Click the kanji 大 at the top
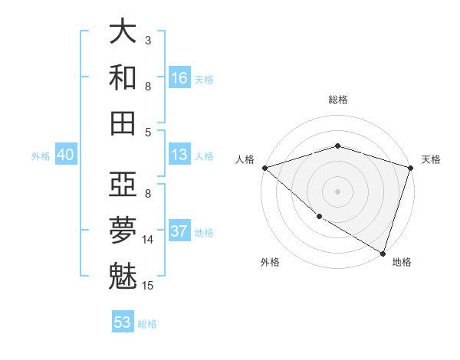(x=123, y=31)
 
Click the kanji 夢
(x=123, y=231)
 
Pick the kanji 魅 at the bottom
(x=123, y=276)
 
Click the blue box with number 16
(x=179, y=78)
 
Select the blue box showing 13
(x=179, y=155)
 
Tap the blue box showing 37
(x=179, y=231)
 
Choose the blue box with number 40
(x=65, y=155)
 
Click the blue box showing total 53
(x=123, y=322)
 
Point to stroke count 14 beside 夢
(x=149, y=240)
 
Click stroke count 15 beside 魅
(x=149, y=286)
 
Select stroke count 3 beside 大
(x=148, y=41)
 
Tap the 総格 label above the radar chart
(x=338, y=100)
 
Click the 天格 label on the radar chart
(x=431, y=159)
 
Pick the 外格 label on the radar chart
(x=270, y=262)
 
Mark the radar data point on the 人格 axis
(x=264, y=168)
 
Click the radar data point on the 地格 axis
(x=382, y=253)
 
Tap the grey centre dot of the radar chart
(x=338, y=191)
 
